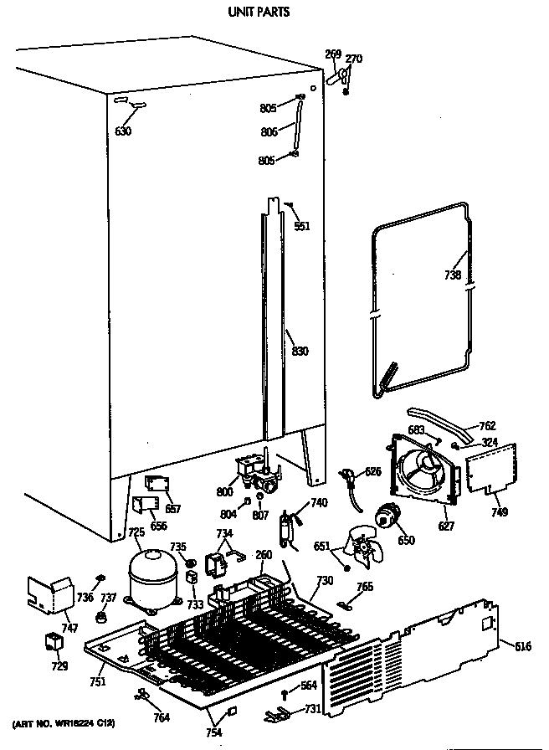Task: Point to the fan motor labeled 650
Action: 387,520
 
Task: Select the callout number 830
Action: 299,351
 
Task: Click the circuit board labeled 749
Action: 491,468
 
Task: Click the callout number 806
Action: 269,131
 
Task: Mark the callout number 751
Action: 97,682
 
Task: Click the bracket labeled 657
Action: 156,485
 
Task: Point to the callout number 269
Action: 332,55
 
